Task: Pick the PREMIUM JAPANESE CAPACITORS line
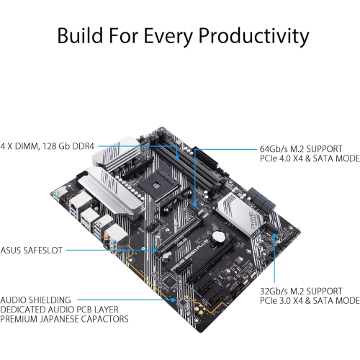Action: (x=66, y=318)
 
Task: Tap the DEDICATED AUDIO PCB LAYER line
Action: (x=65, y=307)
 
